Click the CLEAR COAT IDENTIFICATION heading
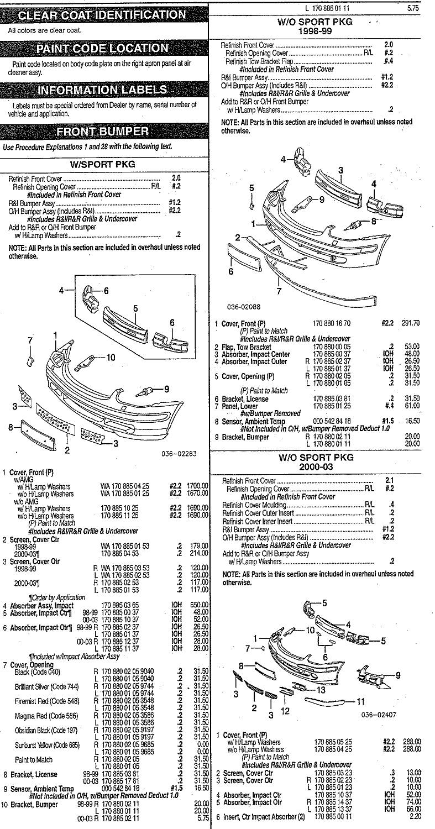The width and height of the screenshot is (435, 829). [x=102, y=15]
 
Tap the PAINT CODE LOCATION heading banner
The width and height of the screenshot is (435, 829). [x=102, y=49]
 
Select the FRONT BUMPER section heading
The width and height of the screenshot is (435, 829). [x=102, y=132]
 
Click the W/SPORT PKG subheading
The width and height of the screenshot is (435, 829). [x=102, y=164]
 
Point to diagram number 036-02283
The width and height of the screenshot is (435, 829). [x=179, y=454]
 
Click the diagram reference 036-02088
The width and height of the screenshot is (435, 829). [x=244, y=307]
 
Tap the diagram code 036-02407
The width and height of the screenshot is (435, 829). [x=379, y=715]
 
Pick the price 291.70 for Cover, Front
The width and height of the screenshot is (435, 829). [x=411, y=323]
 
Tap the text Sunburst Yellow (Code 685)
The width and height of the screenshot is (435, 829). [x=48, y=745]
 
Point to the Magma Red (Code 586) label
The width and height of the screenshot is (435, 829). [x=46, y=716]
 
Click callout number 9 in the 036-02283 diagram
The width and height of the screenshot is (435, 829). [x=166, y=389]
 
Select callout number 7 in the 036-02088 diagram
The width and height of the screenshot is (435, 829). [x=279, y=291]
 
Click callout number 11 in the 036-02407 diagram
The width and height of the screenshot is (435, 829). [x=360, y=701]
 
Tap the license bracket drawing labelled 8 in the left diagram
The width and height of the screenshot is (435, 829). [x=39, y=434]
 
